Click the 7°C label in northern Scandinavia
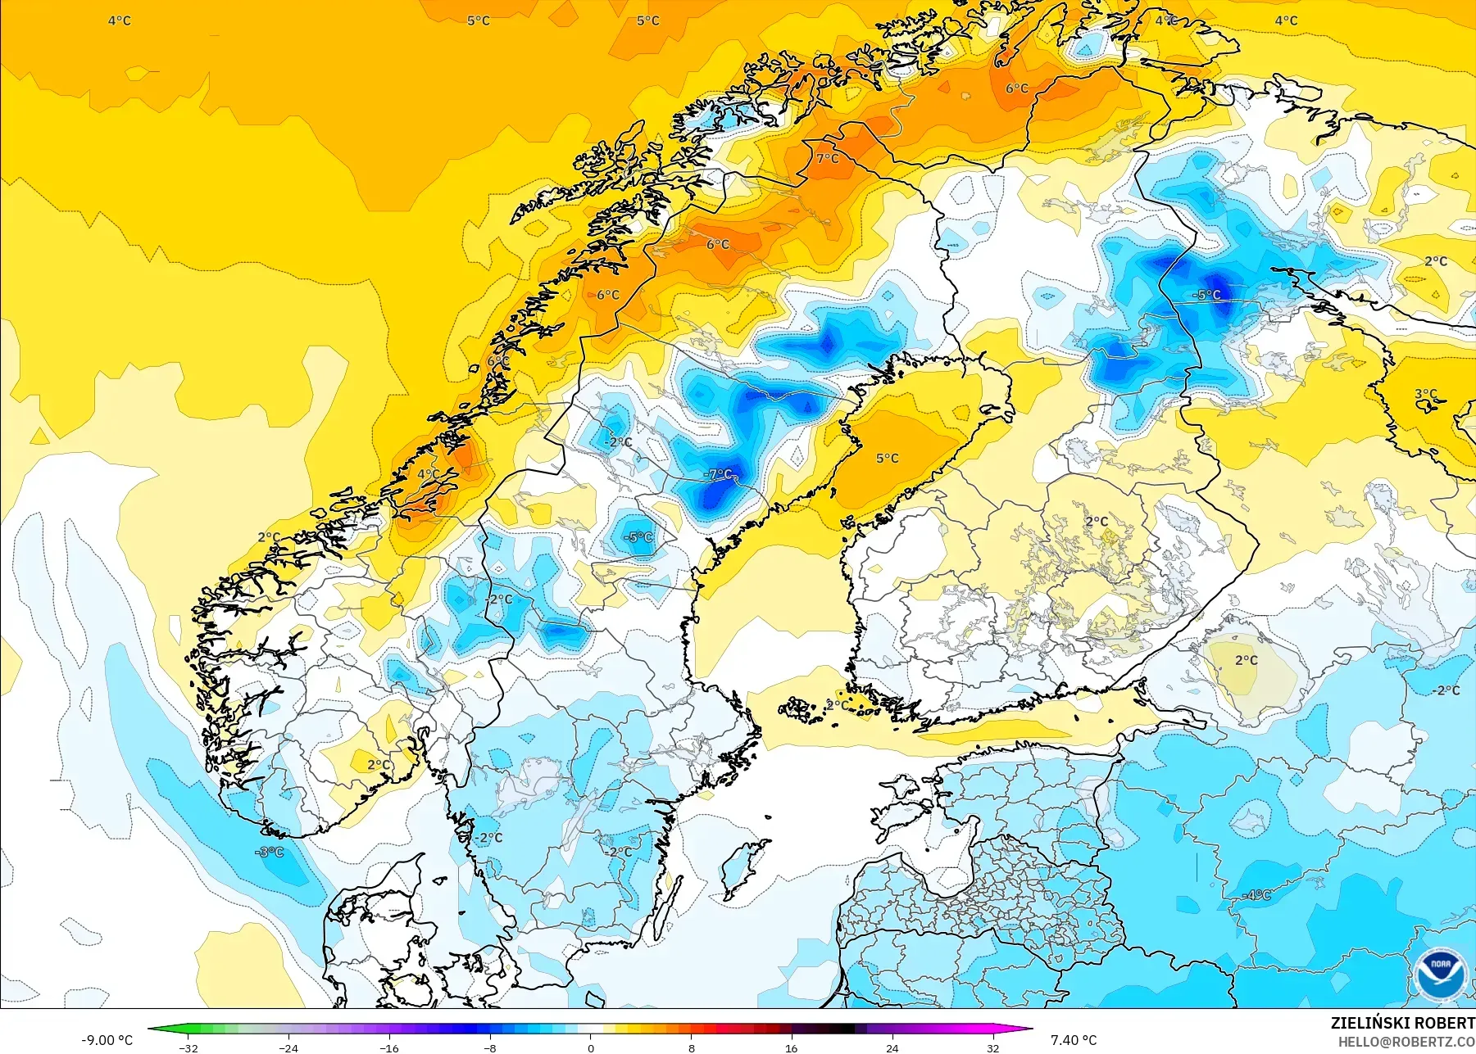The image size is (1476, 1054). click(827, 158)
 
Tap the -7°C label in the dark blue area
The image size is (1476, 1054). click(718, 474)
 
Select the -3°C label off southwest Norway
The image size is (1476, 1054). click(270, 853)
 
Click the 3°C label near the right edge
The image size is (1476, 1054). click(1425, 394)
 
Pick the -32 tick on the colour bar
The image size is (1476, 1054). click(188, 1047)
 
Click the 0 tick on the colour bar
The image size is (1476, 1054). click(590, 1047)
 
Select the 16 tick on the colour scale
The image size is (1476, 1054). click(791, 1047)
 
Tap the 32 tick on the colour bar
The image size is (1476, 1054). click(992, 1047)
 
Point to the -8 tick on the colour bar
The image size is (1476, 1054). click(489, 1047)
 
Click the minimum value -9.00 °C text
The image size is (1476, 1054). click(107, 1040)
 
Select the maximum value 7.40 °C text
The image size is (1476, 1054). click(1074, 1040)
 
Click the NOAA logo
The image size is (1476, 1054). click(1440, 972)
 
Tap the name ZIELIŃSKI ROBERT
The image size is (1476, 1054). click(1402, 1023)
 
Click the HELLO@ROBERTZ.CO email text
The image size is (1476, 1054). click(1406, 1042)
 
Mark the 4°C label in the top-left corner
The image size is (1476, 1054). click(119, 20)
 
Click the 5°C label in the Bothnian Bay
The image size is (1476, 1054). click(887, 459)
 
